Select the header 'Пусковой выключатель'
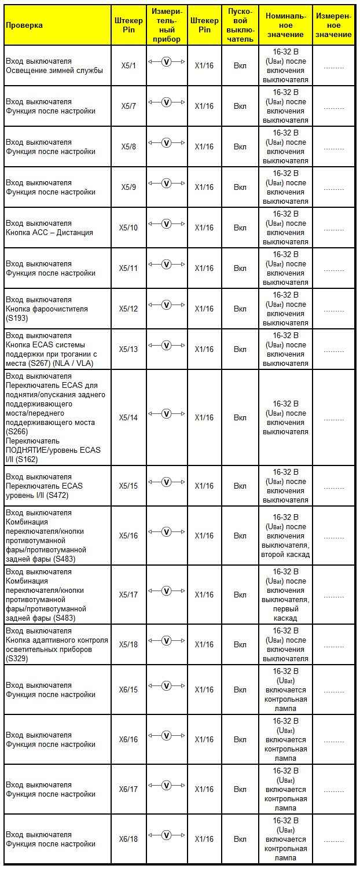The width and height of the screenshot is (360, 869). [240, 25]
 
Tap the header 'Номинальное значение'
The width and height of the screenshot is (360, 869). [285, 25]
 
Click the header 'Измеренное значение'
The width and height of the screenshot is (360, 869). [333, 25]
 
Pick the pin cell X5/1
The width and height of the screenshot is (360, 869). [129, 66]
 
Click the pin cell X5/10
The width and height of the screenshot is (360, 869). [129, 228]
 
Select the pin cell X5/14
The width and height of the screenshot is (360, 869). [129, 418]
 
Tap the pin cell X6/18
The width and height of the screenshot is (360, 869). [129, 839]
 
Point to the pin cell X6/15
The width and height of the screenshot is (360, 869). [129, 690]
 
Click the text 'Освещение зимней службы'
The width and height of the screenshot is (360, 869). [54, 71]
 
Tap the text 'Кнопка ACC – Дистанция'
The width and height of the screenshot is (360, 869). [49, 233]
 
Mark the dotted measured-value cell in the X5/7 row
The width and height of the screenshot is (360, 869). [333, 107]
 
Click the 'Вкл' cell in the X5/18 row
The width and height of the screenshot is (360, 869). [240, 645]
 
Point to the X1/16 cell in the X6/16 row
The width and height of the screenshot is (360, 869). [204, 740]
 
